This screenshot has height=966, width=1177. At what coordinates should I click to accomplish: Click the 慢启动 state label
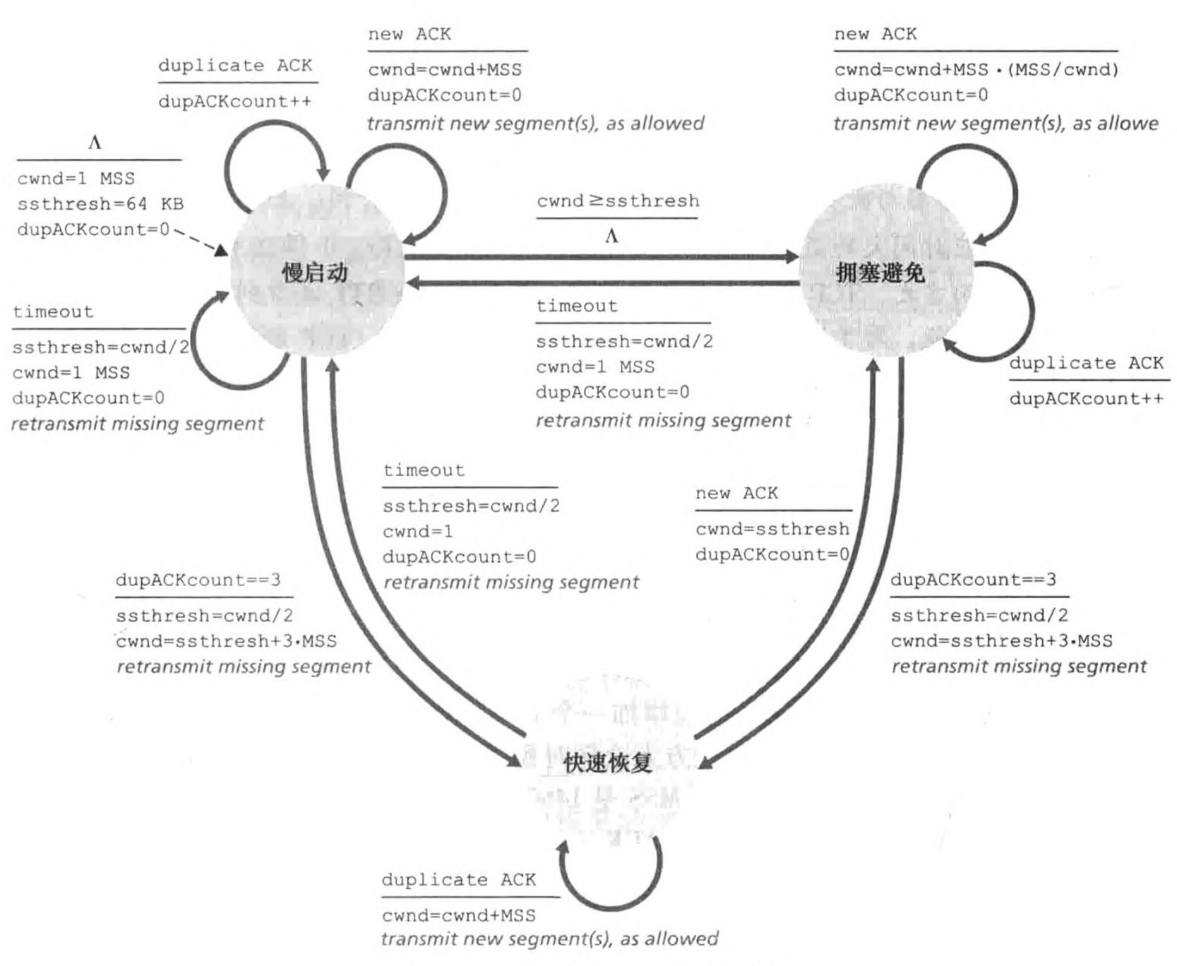pos(315,273)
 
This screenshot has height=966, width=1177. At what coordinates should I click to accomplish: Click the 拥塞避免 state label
pos(880,273)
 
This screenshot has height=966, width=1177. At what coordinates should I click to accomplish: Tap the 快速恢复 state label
pos(607,763)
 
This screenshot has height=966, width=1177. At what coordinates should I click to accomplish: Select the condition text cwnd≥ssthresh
pos(618,201)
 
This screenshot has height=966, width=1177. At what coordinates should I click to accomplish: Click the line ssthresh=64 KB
pos(100,204)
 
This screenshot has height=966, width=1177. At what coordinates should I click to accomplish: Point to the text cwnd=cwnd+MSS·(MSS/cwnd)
pos(976,70)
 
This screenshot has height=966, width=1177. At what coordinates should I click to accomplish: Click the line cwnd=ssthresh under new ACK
pos(772,529)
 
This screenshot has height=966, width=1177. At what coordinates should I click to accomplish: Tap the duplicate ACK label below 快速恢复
pos(458,880)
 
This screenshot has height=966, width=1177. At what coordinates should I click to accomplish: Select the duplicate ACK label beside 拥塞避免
pos(1086,364)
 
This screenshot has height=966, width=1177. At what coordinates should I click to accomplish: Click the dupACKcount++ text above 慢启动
pos(234,102)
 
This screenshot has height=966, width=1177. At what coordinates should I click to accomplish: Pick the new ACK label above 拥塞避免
pos(875,34)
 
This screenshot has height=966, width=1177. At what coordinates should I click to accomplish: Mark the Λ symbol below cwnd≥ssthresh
pos(611,237)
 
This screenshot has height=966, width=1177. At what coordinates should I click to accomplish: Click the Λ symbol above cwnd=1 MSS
pos(95,143)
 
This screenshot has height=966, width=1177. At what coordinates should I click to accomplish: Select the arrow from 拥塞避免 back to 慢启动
pos(600,283)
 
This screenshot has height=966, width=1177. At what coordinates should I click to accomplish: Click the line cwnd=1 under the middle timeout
pos(418,531)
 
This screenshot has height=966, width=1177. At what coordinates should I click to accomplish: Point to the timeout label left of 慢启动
pos(53,312)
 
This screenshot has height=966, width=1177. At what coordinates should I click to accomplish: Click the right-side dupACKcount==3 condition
pos(973,580)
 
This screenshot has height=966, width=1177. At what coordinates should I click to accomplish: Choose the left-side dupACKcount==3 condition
pos(198,580)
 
